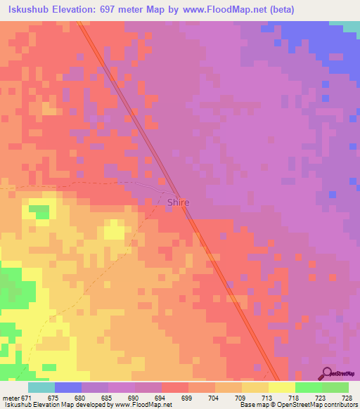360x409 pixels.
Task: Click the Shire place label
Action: pos(178,202)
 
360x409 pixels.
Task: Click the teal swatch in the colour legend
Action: pos(41,388)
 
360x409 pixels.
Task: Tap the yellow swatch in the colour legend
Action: pos(281,388)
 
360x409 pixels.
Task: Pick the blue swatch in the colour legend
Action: pos(67,388)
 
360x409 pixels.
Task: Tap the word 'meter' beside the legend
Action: pos(10,398)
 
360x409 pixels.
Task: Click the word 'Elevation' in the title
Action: pos(79,10)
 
